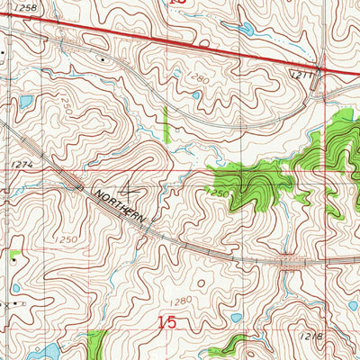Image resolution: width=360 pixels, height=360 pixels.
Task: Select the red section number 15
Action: click(167, 320)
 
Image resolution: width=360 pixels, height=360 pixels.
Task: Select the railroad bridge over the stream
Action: click(290, 262)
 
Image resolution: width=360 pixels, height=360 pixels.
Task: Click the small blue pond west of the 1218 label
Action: click(236, 317)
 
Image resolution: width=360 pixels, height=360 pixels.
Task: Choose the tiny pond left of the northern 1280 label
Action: click(195, 94)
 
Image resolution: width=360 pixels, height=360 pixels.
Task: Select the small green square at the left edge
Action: click(15, 255)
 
